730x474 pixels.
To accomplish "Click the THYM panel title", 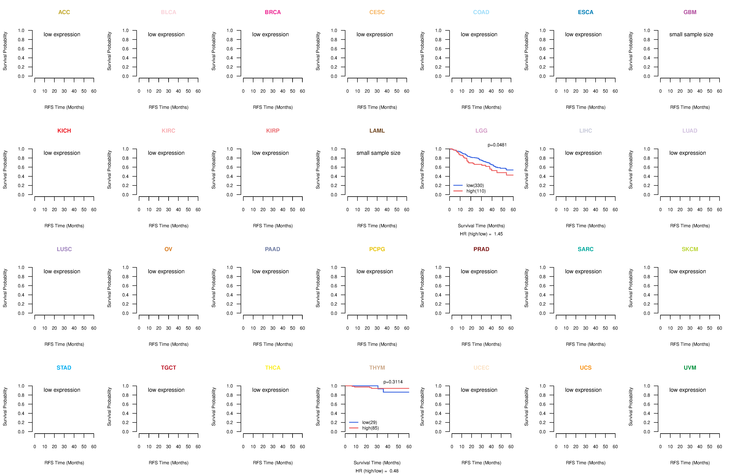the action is click(x=377, y=368).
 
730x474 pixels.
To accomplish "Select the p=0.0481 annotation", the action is click(x=497, y=145).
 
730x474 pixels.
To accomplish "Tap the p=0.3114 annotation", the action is click(x=393, y=382).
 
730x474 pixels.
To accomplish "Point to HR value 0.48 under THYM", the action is click(x=394, y=471).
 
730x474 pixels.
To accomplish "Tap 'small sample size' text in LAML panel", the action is click(x=378, y=153).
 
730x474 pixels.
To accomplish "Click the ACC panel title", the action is click(x=64, y=12).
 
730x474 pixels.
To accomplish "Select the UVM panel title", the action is click(x=690, y=368).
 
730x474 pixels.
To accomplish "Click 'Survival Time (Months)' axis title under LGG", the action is click(x=481, y=226).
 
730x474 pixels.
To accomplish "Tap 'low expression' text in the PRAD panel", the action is click(x=479, y=272).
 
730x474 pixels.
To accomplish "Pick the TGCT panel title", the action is click(x=168, y=368).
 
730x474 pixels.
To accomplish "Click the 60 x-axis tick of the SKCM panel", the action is click(x=719, y=328).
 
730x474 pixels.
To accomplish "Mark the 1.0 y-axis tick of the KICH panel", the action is click(x=21, y=149).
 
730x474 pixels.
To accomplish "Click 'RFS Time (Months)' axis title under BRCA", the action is click(x=273, y=107).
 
